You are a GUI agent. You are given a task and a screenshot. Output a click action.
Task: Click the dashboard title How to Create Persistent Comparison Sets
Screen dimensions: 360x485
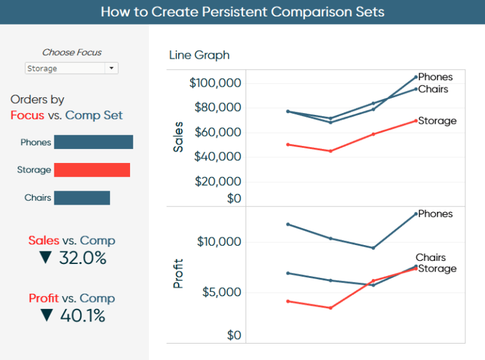pos(242,12)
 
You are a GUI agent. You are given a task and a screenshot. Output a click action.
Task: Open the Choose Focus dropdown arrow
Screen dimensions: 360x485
pos(111,68)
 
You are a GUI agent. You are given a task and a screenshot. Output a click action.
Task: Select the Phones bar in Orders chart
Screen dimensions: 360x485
pos(93,142)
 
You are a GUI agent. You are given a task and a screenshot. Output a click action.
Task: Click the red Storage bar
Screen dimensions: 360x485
pos(92,170)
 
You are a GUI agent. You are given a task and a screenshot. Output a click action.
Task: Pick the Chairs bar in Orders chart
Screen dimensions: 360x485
pos(82,198)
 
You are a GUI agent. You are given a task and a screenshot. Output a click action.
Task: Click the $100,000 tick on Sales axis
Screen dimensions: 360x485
pos(215,83)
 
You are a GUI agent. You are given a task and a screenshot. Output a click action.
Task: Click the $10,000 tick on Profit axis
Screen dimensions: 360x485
pos(219,242)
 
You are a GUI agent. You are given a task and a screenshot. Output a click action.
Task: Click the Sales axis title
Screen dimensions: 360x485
pos(179,136)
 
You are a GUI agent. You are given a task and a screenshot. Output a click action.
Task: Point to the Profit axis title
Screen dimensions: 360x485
pos(179,273)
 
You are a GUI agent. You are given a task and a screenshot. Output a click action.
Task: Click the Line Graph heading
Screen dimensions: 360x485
pos(199,55)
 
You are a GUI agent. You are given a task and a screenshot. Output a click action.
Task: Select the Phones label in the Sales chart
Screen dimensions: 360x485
pos(435,77)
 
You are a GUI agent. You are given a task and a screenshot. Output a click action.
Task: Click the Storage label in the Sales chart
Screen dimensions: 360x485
pos(437,121)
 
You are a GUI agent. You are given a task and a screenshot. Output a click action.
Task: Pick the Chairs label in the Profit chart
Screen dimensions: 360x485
pos(431,257)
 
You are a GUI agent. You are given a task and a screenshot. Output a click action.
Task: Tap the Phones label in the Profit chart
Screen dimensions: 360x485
pos(435,213)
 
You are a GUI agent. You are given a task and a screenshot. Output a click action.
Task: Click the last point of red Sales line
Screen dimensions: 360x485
pos(416,120)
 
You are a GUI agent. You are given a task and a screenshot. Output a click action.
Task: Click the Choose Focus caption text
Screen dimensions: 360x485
pos(71,52)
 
